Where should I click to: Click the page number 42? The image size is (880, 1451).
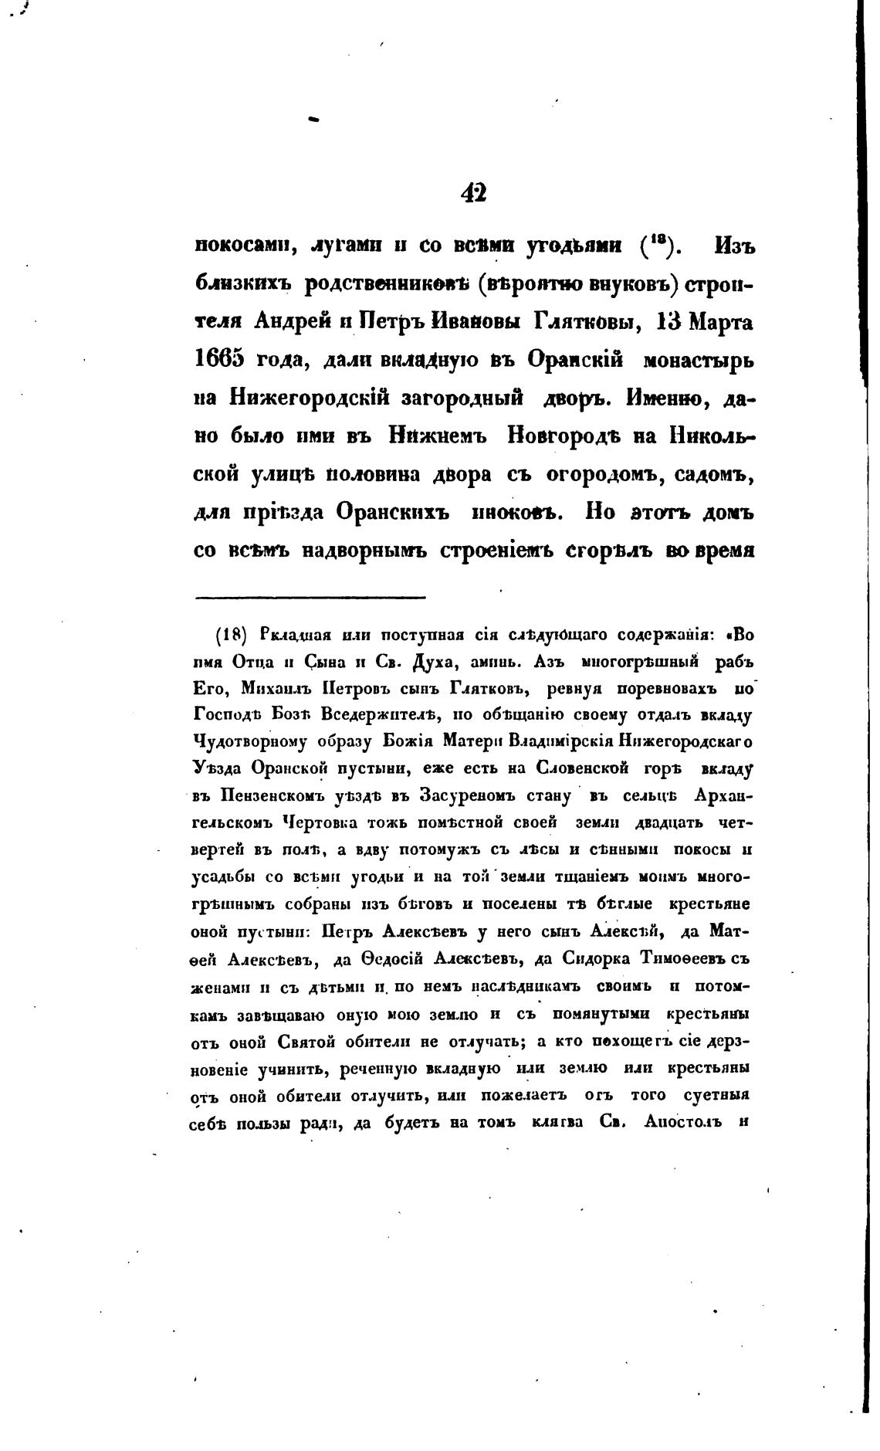pos(473,192)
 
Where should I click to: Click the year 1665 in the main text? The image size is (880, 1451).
pos(218,359)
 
